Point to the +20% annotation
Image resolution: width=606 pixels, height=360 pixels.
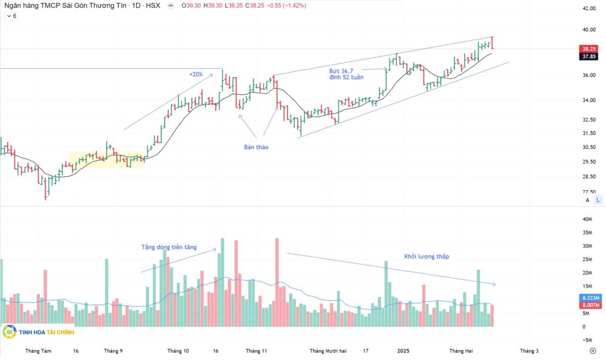pyautogui.click(x=196, y=74)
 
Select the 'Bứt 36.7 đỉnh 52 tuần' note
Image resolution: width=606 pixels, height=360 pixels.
pyautogui.click(x=346, y=74)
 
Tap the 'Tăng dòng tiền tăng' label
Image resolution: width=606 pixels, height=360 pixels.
pyautogui.click(x=169, y=247)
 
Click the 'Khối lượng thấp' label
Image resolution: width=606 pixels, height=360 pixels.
pyautogui.click(x=426, y=256)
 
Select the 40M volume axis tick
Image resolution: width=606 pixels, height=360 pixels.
pyautogui.click(x=587, y=219)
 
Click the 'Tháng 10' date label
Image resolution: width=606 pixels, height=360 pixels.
pyautogui.click(x=178, y=351)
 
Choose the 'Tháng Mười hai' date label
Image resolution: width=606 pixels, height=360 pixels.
pyautogui.click(x=328, y=351)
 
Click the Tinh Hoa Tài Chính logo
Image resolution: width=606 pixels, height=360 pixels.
pyautogui.click(x=38, y=332)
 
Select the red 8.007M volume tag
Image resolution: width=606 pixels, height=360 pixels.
pyautogui.click(x=590, y=305)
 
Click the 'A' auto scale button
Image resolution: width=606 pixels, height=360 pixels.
pyautogui.click(x=587, y=200)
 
